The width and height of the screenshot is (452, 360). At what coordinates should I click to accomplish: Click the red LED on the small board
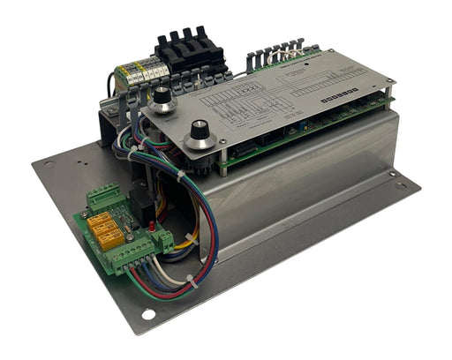153,228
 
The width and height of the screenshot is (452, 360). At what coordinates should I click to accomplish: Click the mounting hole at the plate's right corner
403,184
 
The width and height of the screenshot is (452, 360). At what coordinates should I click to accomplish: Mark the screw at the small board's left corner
87,214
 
